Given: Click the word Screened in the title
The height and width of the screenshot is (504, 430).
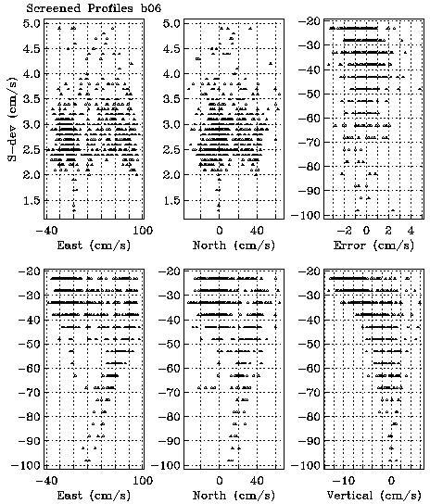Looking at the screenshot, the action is click(x=54, y=7).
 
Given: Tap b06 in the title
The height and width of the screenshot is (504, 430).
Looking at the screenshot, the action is click(x=151, y=7).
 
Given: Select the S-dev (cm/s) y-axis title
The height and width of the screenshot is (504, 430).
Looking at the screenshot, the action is click(x=12, y=119).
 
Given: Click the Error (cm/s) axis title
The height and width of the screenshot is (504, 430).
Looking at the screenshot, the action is click(x=373, y=246).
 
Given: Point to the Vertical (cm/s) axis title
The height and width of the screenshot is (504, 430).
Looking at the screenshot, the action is click(x=373, y=496).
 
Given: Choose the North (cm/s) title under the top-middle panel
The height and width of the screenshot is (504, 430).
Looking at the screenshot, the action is click(x=234, y=246).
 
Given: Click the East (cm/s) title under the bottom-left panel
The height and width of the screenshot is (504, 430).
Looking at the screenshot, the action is click(x=94, y=496).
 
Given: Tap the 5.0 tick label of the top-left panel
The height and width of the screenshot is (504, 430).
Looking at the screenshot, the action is click(x=32, y=23).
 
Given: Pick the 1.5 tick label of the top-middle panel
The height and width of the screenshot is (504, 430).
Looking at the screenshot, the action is click(x=171, y=200).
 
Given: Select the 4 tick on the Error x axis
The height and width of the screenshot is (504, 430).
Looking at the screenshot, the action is click(x=411, y=231).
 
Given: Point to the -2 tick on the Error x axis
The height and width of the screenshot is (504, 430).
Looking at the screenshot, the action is click(x=344, y=231).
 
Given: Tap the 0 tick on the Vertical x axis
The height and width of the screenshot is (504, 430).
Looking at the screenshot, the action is click(x=391, y=481).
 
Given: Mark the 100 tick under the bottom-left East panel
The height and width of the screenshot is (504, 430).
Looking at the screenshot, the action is click(x=143, y=481).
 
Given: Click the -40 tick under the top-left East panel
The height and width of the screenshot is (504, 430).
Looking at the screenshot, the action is click(x=46, y=231).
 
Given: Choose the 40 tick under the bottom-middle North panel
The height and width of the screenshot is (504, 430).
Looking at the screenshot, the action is click(x=257, y=481).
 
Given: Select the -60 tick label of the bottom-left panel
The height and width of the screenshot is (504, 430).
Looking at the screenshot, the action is click(x=30, y=368).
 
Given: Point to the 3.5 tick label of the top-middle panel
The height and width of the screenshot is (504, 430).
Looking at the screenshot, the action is click(x=171, y=99).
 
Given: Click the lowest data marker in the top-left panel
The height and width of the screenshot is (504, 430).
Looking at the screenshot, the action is click(x=74, y=210).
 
